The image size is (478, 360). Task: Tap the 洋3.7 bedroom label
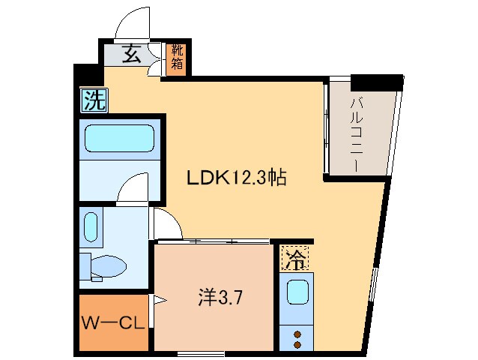click(x=220, y=297)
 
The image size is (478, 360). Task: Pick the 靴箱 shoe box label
click(x=176, y=57)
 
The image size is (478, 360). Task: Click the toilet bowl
click(x=107, y=265)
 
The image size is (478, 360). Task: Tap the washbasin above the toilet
click(x=91, y=226)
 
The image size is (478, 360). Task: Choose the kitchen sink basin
click(x=297, y=292)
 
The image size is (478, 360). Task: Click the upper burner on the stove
click(x=297, y=334)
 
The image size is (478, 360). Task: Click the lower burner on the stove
click(x=297, y=345)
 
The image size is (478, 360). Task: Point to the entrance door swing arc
click(x=135, y=22)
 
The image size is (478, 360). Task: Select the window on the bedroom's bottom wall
click(x=201, y=352)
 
